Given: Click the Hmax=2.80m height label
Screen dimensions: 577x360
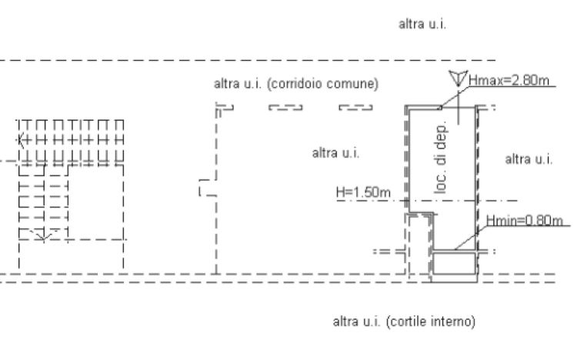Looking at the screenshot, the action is pos(509,80).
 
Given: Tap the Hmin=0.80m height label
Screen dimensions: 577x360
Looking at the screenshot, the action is pos(525,220).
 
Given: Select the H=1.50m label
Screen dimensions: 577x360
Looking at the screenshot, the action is pos(363,192).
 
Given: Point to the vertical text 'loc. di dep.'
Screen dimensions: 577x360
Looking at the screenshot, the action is pos(441,157).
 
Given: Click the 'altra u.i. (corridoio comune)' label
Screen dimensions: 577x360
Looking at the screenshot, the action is pos(296,84).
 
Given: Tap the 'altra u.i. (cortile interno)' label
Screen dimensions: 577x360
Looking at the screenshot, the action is pos(404,322).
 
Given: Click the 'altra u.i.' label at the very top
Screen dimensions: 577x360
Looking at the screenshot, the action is pos(422,25).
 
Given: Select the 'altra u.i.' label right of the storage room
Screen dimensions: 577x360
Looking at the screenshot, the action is pos(529,159).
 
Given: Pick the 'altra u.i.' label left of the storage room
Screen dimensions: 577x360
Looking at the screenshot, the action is pos(335,153).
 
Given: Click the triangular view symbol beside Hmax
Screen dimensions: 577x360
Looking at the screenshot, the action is pos(459,78).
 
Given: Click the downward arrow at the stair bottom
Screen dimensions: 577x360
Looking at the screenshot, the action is pos(43,235).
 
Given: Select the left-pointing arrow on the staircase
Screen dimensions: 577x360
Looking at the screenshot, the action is pos(21,140).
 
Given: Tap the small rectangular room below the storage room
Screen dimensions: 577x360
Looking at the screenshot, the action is pos(455,263).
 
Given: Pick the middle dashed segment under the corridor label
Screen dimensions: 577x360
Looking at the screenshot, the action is pos(285,108).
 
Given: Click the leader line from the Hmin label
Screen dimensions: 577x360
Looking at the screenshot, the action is pos(470,238).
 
